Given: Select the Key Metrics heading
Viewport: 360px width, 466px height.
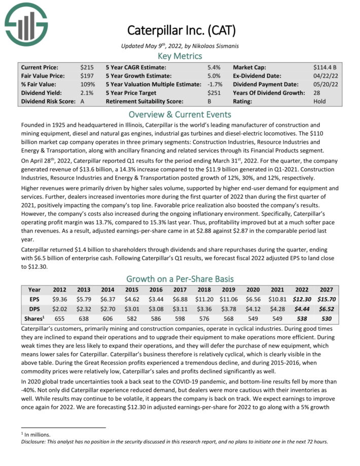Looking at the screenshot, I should click(180, 56).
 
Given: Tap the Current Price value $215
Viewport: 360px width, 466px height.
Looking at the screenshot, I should click(86, 67).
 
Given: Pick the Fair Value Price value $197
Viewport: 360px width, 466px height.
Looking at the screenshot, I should click(86, 76).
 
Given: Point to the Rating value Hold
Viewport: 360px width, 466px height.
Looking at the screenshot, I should click(320, 101).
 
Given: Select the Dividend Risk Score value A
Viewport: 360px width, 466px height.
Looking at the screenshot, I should click(82, 101).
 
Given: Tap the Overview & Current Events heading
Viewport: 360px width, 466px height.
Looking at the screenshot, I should click(180, 114).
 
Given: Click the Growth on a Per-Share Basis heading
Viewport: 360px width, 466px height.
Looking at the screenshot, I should click(180, 279).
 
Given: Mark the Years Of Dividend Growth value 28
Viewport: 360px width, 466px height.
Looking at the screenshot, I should click(317, 93).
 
